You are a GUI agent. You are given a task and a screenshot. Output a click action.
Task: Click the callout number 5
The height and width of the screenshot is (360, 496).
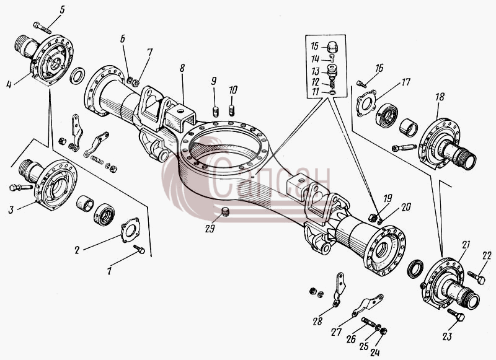point(61,9)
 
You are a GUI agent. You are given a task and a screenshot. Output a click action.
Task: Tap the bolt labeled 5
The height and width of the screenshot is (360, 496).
point(42,27)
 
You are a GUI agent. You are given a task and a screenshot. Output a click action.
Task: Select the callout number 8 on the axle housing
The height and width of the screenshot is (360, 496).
point(182,69)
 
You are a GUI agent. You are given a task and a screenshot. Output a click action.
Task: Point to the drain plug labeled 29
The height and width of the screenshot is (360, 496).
point(225,212)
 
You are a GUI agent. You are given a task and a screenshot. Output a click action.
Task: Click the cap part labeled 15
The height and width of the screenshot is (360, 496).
point(332,47)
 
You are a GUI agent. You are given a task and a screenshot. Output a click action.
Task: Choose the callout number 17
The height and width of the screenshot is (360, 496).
point(405,82)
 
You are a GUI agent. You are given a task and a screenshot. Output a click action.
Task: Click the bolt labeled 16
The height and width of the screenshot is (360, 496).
point(361,84)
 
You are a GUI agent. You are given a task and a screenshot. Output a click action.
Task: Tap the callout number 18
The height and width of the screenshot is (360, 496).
point(440,97)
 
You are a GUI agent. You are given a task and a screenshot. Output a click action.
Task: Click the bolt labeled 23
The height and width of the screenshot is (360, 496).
point(456,315)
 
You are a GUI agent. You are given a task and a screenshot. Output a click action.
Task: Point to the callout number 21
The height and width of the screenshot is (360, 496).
point(466,245)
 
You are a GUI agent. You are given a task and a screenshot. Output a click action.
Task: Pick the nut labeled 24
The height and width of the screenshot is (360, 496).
point(383,331)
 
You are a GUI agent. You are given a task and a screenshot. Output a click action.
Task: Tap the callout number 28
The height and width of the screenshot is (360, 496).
point(317,321)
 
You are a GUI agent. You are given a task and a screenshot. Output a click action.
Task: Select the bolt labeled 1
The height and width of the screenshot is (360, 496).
point(139,249)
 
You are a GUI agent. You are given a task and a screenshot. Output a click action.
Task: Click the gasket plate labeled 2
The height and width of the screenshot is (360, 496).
point(130,230)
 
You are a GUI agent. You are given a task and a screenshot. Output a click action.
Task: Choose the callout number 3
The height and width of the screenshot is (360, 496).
point(11,209)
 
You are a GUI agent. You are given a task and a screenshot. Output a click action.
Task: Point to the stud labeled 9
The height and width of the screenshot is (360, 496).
point(216,112)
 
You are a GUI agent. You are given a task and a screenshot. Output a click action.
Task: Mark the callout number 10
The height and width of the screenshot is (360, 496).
point(233,90)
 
